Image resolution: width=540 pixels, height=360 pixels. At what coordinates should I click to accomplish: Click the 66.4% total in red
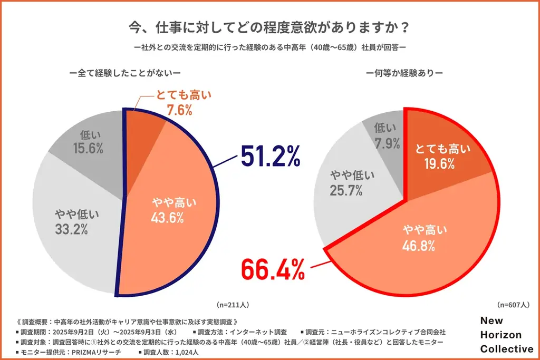(273, 269)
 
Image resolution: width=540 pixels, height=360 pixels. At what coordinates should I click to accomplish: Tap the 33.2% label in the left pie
(71, 229)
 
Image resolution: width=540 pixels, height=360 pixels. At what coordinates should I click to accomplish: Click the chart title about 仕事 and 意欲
(270, 26)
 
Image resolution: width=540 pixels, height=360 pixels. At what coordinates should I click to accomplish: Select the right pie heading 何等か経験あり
(404, 72)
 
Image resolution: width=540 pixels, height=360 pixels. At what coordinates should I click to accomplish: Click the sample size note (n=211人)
(233, 305)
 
